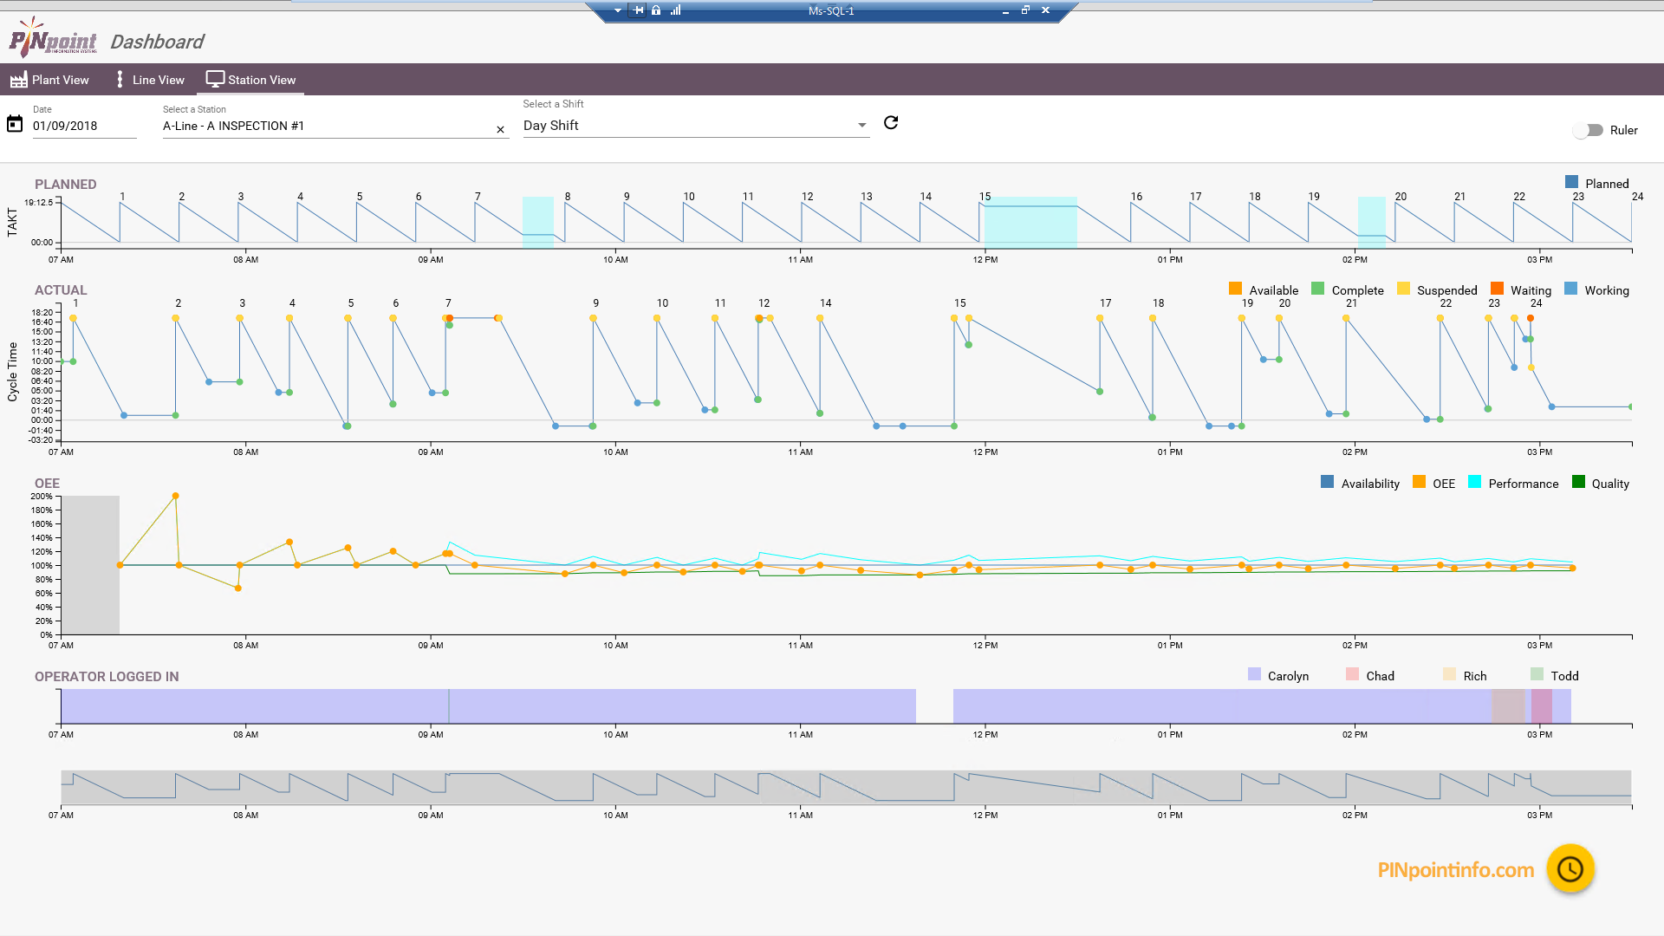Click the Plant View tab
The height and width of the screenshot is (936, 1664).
tap(50, 80)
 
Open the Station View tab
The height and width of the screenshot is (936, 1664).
tap(251, 80)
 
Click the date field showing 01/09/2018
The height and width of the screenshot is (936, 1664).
tap(83, 126)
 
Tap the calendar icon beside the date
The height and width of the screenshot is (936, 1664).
tap(15, 124)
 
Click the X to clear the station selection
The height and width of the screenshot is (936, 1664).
tap(500, 129)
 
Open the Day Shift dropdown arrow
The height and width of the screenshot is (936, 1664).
tap(861, 126)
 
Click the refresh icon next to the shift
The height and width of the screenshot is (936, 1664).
tap(891, 123)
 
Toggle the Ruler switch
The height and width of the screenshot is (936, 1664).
tap(1589, 130)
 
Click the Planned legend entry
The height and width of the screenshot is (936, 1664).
tap(1596, 183)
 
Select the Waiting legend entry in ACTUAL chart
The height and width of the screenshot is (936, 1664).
tap(1521, 290)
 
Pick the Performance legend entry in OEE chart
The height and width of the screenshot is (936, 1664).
tap(1513, 484)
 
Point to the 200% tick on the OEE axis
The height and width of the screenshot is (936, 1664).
tap(42, 497)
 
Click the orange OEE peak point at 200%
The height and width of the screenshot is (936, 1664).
tap(176, 497)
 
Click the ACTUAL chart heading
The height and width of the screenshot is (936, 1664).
tap(61, 290)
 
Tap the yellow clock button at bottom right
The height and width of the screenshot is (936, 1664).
tap(1570, 869)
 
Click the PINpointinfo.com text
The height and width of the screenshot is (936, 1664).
tap(1455, 870)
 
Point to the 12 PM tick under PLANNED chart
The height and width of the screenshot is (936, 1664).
tap(985, 259)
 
